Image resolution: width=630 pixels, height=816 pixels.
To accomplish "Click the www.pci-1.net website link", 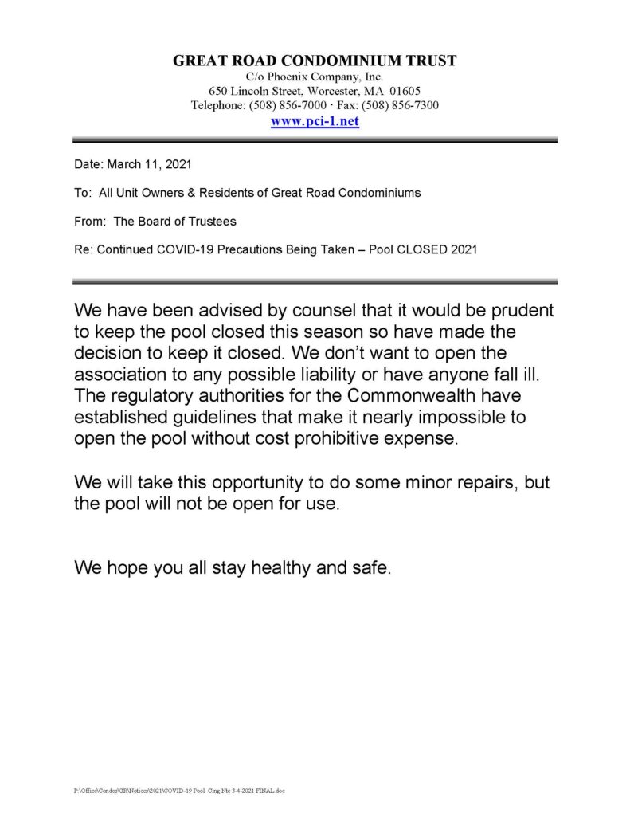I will tap(315, 122).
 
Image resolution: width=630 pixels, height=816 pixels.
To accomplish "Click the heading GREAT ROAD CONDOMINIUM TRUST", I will tap(315, 61).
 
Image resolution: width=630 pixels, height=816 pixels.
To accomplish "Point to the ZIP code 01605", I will tap(405, 91).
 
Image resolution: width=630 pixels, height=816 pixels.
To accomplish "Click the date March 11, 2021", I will tap(148, 164).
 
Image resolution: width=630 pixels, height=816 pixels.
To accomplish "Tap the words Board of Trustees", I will tap(189, 222).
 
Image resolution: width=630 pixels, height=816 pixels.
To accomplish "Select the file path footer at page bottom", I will tap(179, 790).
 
